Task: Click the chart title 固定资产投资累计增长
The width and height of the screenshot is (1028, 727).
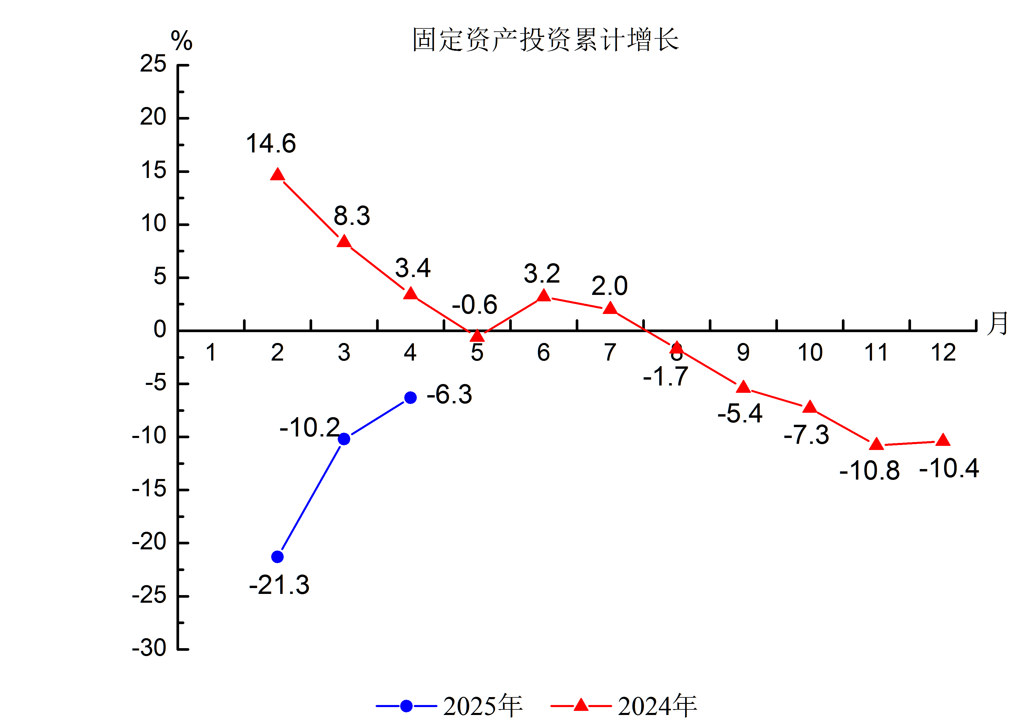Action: tap(545, 40)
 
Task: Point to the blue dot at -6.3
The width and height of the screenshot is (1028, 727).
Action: tap(410, 398)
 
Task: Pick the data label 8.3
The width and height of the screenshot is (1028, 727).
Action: tap(352, 216)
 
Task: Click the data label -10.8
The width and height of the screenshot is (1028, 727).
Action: tap(869, 471)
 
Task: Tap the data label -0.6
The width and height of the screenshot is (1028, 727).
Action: tap(474, 305)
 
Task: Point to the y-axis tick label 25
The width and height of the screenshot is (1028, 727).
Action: tap(153, 64)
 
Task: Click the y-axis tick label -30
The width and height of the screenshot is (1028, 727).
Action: tap(149, 648)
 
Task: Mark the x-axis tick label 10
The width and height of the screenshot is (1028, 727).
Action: tap(810, 353)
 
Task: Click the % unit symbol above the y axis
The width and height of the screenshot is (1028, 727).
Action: tap(181, 41)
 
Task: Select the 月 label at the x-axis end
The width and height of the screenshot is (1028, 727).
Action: tap(998, 323)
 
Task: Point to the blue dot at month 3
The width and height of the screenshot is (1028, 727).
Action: tap(344, 439)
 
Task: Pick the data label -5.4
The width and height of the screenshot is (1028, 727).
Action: tap(740, 414)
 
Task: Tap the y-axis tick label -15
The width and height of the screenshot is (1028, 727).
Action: tap(149, 489)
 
